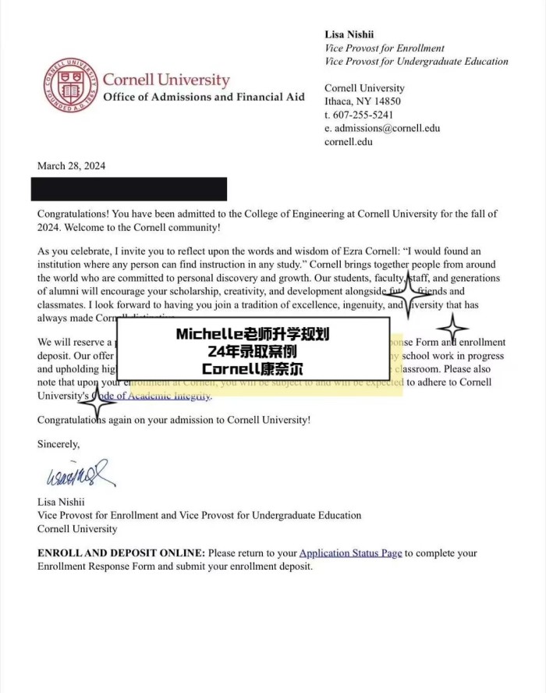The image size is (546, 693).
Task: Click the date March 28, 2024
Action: (x=71, y=165)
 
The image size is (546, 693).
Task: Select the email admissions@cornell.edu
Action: (x=388, y=128)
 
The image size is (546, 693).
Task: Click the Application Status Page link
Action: (x=350, y=553)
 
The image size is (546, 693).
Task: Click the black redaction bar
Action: (x=129, y=189)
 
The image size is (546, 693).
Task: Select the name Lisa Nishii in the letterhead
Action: (x=351, y=34)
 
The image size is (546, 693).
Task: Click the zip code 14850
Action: (x=386, y=101)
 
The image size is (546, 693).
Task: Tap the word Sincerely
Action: (x=58, y=444)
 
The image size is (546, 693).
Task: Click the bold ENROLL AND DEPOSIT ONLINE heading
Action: (x=121, y=553)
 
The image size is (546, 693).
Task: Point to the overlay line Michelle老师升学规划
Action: (x=253, y=334)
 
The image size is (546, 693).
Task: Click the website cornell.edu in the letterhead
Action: (x=348, y=141)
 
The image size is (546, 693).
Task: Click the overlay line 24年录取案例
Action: (x=253, y=351)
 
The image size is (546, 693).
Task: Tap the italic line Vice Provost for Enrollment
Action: (x=385, y=48)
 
